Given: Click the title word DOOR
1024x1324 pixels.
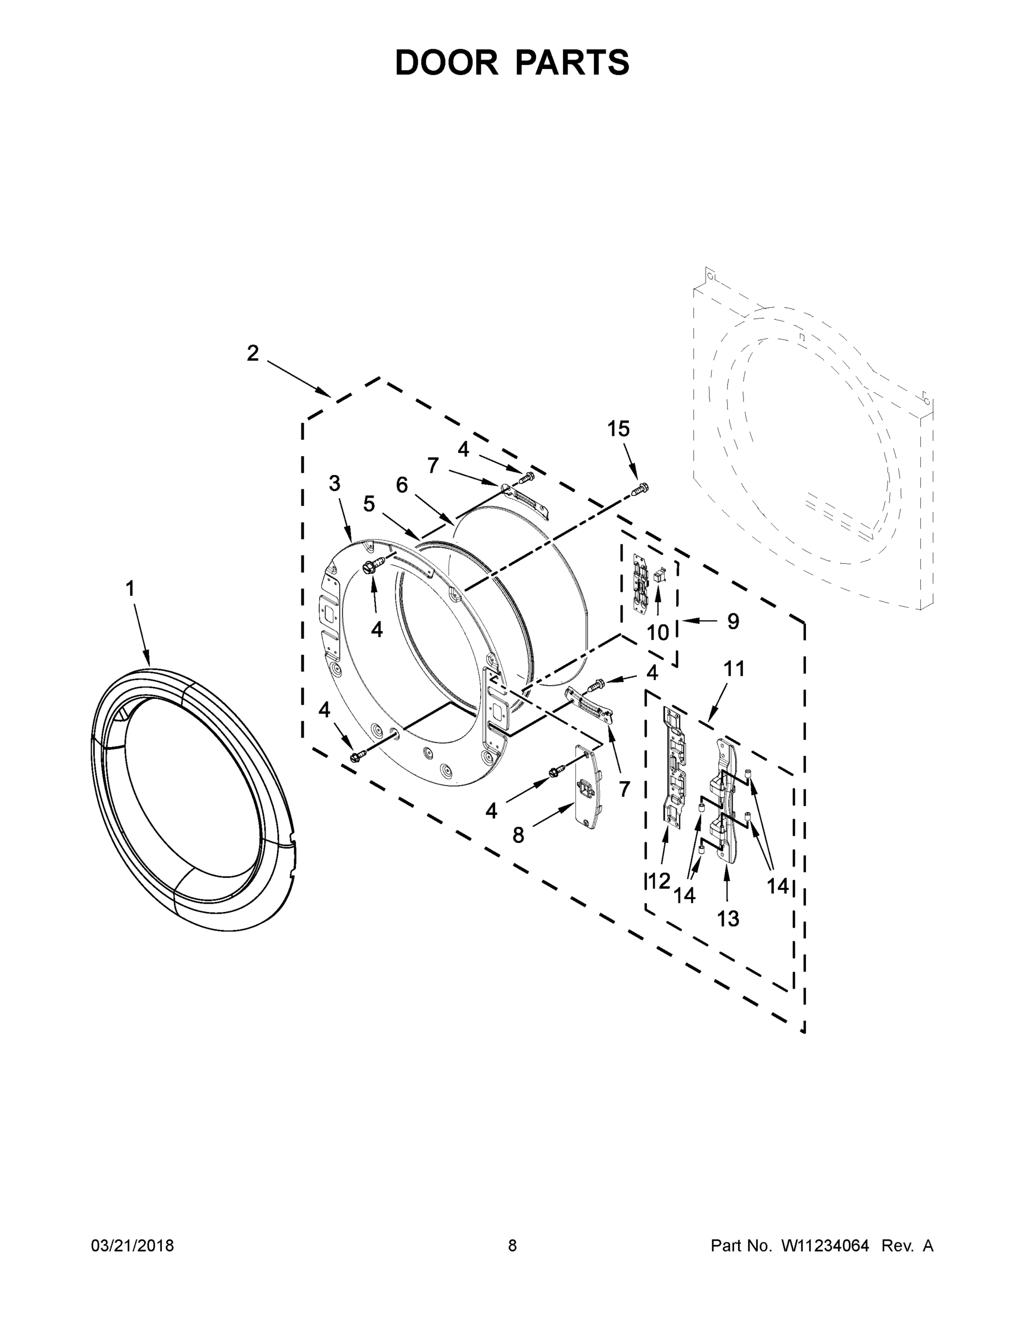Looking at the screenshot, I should click(x=446, y=62).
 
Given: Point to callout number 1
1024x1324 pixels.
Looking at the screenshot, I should click(x=130, y=588).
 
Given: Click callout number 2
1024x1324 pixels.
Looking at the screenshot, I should click(x=252, y=353).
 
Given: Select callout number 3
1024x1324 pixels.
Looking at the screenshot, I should click(x=335, y=483).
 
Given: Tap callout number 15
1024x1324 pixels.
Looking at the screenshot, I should click(x=619, y=429).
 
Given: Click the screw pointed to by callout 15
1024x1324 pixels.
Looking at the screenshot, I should click(x=640, y=488).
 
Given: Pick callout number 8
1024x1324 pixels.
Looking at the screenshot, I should click(x=518, y=835).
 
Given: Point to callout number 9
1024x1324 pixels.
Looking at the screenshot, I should click(x=733, y=621).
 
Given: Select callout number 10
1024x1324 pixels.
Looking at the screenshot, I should click(x=657, y=632).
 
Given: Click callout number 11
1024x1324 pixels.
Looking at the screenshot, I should click(x=734, y=669).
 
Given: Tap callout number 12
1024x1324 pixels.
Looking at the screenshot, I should click(x=659, y=881).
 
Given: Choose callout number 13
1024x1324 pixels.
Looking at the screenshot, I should click(x=728, y=919).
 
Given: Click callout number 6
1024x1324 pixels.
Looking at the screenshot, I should click(x=401, y=484).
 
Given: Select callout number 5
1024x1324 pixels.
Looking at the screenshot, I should click(x=369, y=504).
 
